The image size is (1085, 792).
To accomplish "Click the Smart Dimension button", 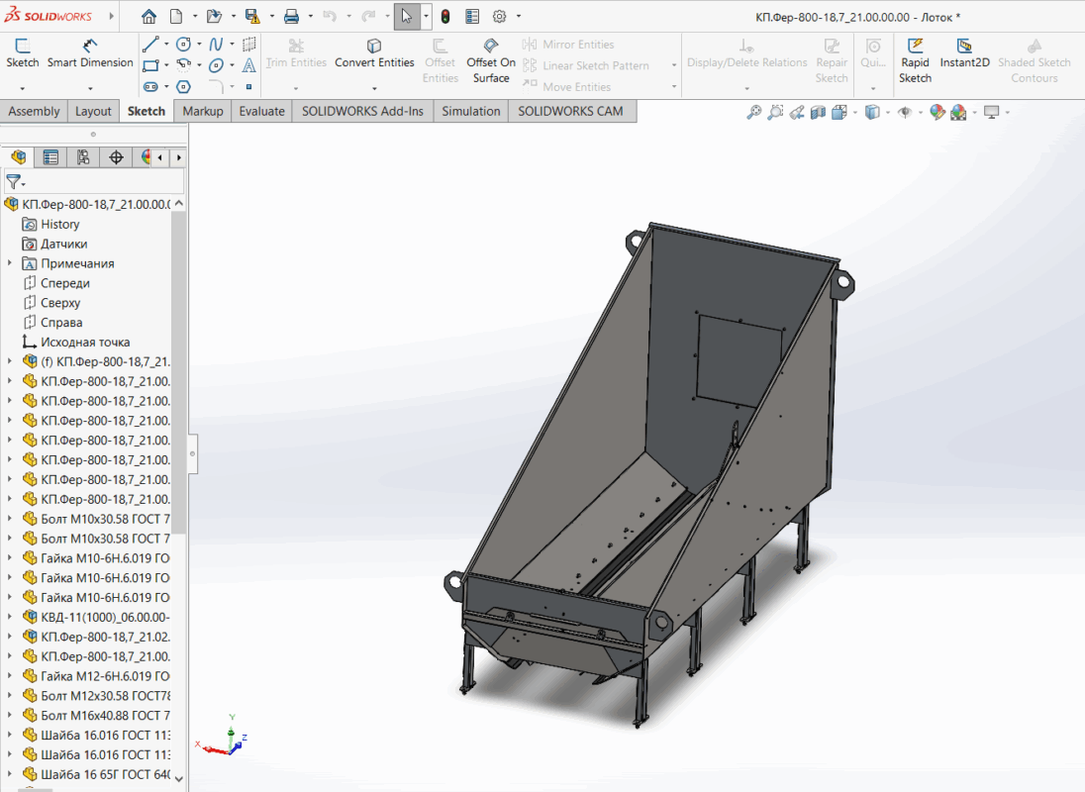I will [x=90, y=53].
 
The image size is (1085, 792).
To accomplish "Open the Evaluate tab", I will [x=261, y=111].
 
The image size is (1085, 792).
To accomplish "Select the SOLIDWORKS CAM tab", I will [x=570, y=111].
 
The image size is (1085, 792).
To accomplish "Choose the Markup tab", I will [x=203, y=111].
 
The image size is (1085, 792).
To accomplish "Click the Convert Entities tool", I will [x=374, y=53].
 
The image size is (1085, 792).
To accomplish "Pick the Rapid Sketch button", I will [x=915, y=60].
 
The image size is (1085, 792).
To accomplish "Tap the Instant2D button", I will [x=964, y=53].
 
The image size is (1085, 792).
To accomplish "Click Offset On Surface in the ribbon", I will [x=491, y=60].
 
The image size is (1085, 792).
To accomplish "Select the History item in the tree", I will [x=60, y=224].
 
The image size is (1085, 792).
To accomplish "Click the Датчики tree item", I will [x=64, y=244].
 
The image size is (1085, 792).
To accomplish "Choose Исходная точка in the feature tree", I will [x=85, y=342].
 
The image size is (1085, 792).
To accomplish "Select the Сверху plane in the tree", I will [x=60, y=303].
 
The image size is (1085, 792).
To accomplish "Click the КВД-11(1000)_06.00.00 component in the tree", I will [x=105, y=617].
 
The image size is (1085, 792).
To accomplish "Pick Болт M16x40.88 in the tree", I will [x=105, y=715].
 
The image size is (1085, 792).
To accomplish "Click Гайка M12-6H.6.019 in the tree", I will [x=105, y=676].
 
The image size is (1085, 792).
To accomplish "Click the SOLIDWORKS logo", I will [x=49, y=17].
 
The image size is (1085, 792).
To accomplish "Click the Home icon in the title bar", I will [x=148, y=17].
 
